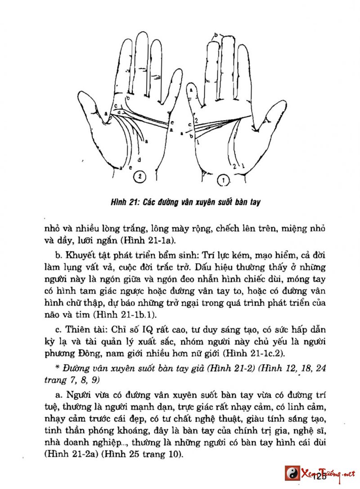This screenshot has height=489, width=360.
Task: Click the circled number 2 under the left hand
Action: (x=139, y=177)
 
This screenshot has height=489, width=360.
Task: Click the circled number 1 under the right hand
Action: (x=223, y=181)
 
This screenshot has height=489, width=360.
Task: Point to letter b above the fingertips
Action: (x=216, y=35)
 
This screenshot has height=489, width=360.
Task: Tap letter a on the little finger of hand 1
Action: (x=191, y=90)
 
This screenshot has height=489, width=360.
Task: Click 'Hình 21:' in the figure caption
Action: (x=125, y=202)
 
